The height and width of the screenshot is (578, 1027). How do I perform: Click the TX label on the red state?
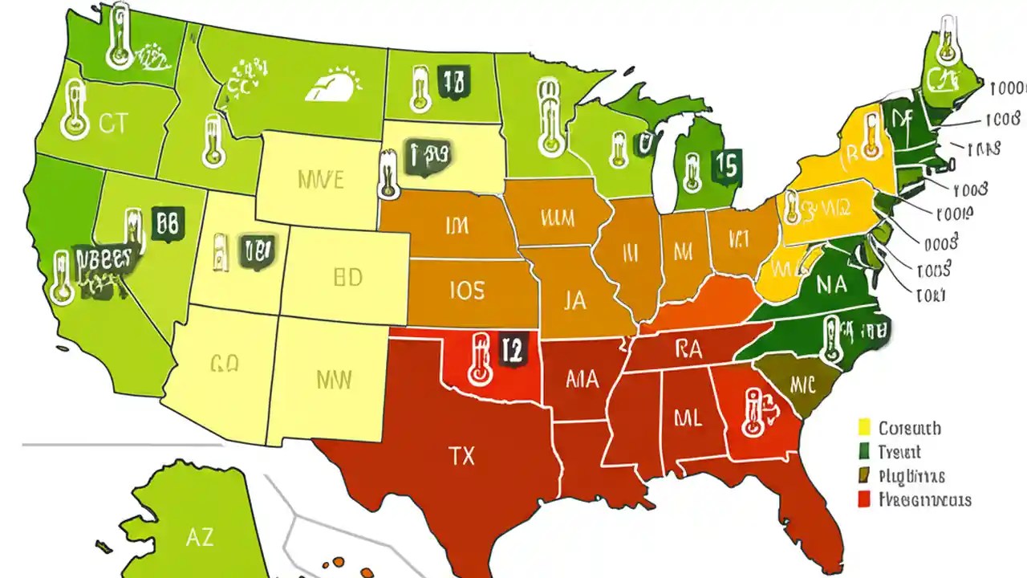[462, 457]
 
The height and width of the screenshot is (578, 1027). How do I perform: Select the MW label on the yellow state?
[333, 379]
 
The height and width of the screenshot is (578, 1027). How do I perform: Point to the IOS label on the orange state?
[466, 289]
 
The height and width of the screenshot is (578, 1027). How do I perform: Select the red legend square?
[864, 499]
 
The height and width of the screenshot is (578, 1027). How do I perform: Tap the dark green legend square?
[864, 451]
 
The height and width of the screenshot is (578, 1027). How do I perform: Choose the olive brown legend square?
[864, 475]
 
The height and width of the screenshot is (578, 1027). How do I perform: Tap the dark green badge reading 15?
[725, 165]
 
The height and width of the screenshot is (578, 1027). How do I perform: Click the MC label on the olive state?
[802, 384]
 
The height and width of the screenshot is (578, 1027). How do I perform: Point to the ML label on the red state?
[688, 417]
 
